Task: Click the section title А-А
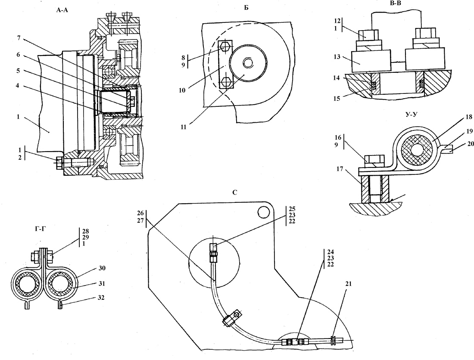(62, 10)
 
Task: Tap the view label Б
(246, 8)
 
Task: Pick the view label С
(235, 192)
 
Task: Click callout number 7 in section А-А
(19, 38)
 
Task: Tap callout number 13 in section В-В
(337, 57)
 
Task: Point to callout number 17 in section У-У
(340, 169)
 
